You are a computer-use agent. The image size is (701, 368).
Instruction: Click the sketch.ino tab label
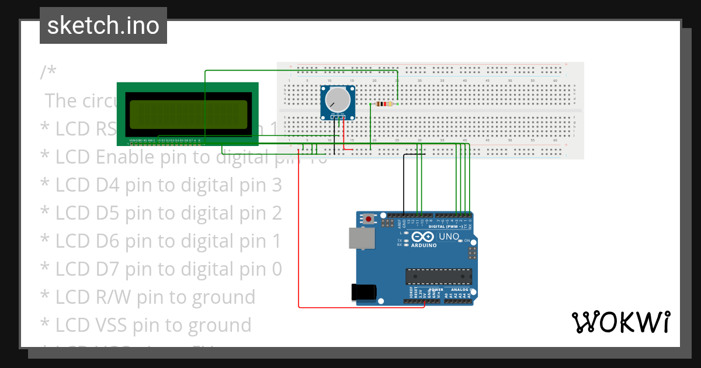pos(103,26)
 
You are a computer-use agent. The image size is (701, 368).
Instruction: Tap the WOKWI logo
pos(620,322)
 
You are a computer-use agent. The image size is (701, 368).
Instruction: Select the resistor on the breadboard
pos(384,104)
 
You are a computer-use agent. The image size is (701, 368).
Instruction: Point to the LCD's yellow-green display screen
pos(188,114)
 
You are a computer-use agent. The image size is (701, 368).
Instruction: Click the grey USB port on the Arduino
pos(360,238)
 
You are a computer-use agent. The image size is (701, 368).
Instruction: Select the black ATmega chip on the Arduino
pos(439,277)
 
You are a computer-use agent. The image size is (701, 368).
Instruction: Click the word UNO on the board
pos(449,237)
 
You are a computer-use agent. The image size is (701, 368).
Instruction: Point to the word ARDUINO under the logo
pos(424,245)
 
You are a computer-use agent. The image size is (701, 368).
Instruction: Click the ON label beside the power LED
pos(467,240)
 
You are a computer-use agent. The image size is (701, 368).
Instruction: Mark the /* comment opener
pos(48,72)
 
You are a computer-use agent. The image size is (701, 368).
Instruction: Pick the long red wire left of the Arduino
pos(299,234)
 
